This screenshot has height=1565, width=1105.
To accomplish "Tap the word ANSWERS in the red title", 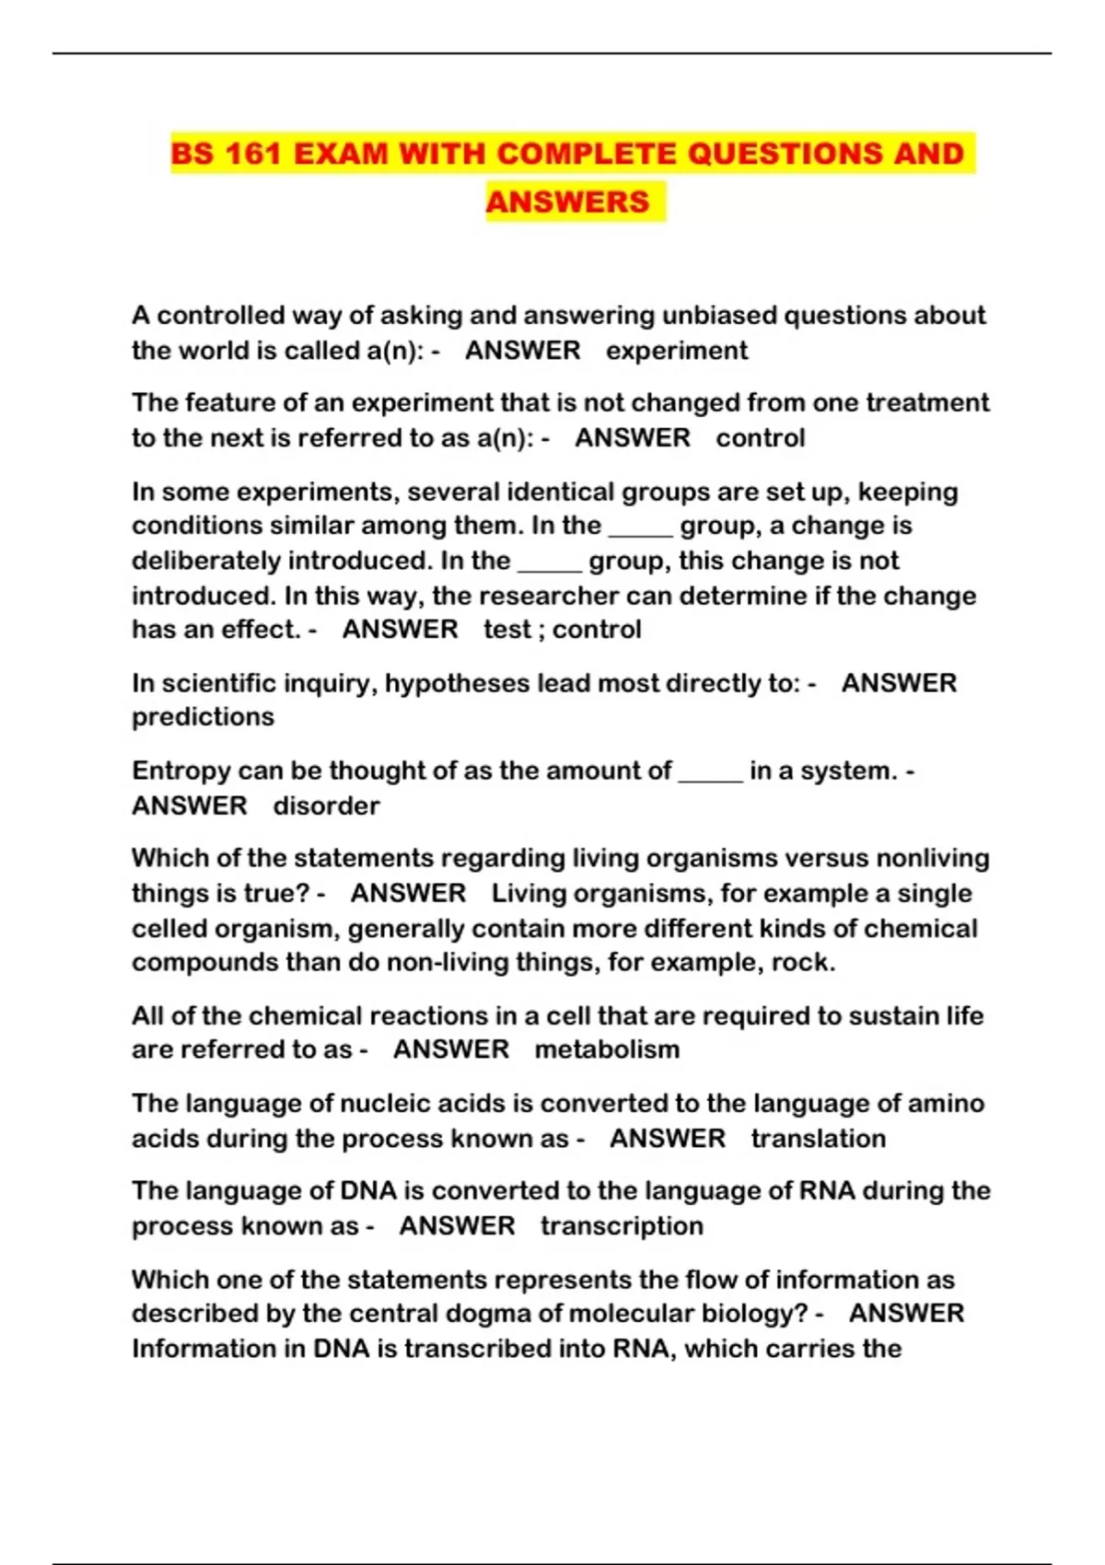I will point(567,202).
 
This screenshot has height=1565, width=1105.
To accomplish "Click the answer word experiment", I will point(677,351).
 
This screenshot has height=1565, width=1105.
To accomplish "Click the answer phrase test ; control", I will point(562,630).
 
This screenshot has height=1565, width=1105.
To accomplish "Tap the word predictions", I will point(203,717).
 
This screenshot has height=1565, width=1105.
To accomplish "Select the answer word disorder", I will point(326,806).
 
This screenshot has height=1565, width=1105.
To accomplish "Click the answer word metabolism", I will point(607,1049).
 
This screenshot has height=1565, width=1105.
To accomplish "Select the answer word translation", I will point(818,1139).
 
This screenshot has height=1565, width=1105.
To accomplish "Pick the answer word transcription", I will point(622,1226).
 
